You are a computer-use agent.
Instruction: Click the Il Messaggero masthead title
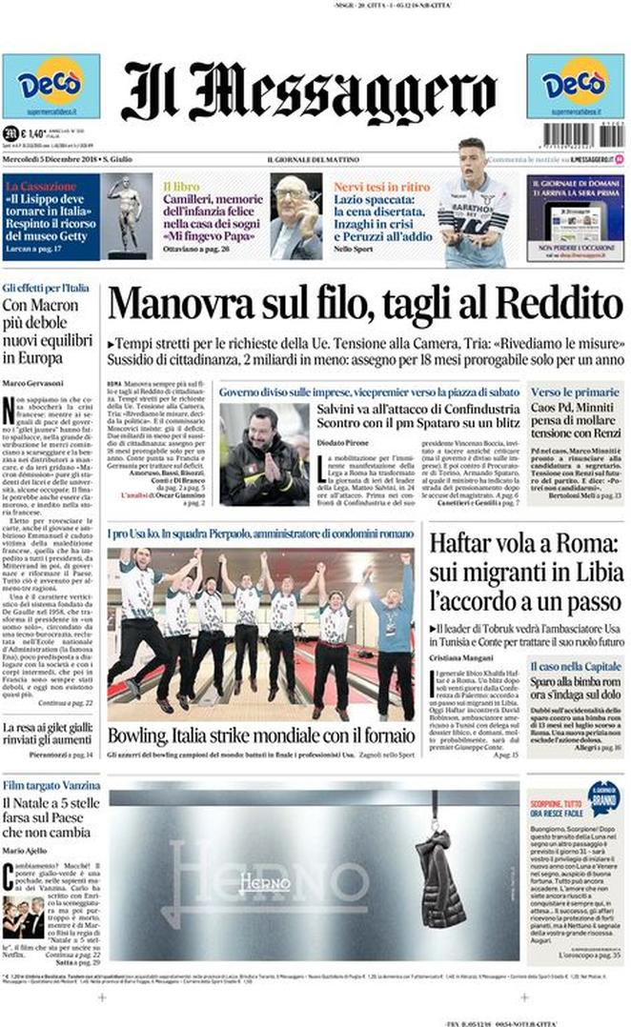(x=309, y=92)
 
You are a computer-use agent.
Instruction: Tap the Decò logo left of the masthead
(x=51, y=87)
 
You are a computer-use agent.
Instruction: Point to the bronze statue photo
(x=127, y=216)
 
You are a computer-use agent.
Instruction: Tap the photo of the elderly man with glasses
(x=295, y=216)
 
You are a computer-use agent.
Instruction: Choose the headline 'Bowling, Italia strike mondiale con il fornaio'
(x=260, y=735)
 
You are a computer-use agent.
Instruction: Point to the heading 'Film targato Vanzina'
(x=51, y=785)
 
